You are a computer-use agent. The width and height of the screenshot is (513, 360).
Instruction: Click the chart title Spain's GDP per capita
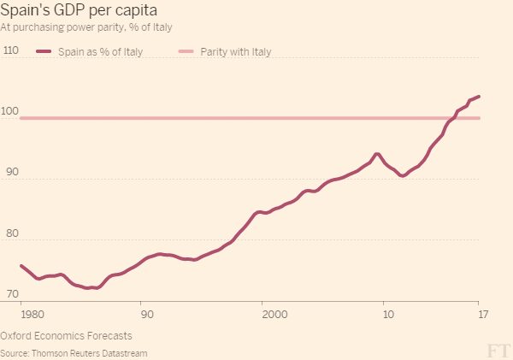tap(78, 12)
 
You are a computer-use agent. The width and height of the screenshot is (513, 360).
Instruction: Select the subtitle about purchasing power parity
tap(87, 27)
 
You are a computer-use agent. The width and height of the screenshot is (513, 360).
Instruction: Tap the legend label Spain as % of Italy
tap(100, 52)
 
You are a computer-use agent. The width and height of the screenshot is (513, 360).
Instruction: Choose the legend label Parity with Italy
tap(235, 52)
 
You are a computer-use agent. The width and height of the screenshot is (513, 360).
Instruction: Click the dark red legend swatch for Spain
tap(44, 52)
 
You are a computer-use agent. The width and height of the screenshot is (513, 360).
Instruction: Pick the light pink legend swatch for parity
tap(185, 52)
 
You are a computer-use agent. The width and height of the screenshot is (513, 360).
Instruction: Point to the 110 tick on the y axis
tap(11, 50)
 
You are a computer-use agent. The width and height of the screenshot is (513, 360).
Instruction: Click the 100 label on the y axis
tap(11, 111)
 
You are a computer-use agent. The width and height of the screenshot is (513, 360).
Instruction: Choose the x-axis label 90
tap(147, 315)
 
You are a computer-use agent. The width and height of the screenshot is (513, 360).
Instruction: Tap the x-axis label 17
tap(483, 315)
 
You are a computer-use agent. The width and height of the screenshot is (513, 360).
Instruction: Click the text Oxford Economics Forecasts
tap(66, 336)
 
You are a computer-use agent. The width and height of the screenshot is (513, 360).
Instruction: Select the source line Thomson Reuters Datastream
tap(74, 352)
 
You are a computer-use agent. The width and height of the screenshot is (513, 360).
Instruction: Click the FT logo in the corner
tap(498, 351)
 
